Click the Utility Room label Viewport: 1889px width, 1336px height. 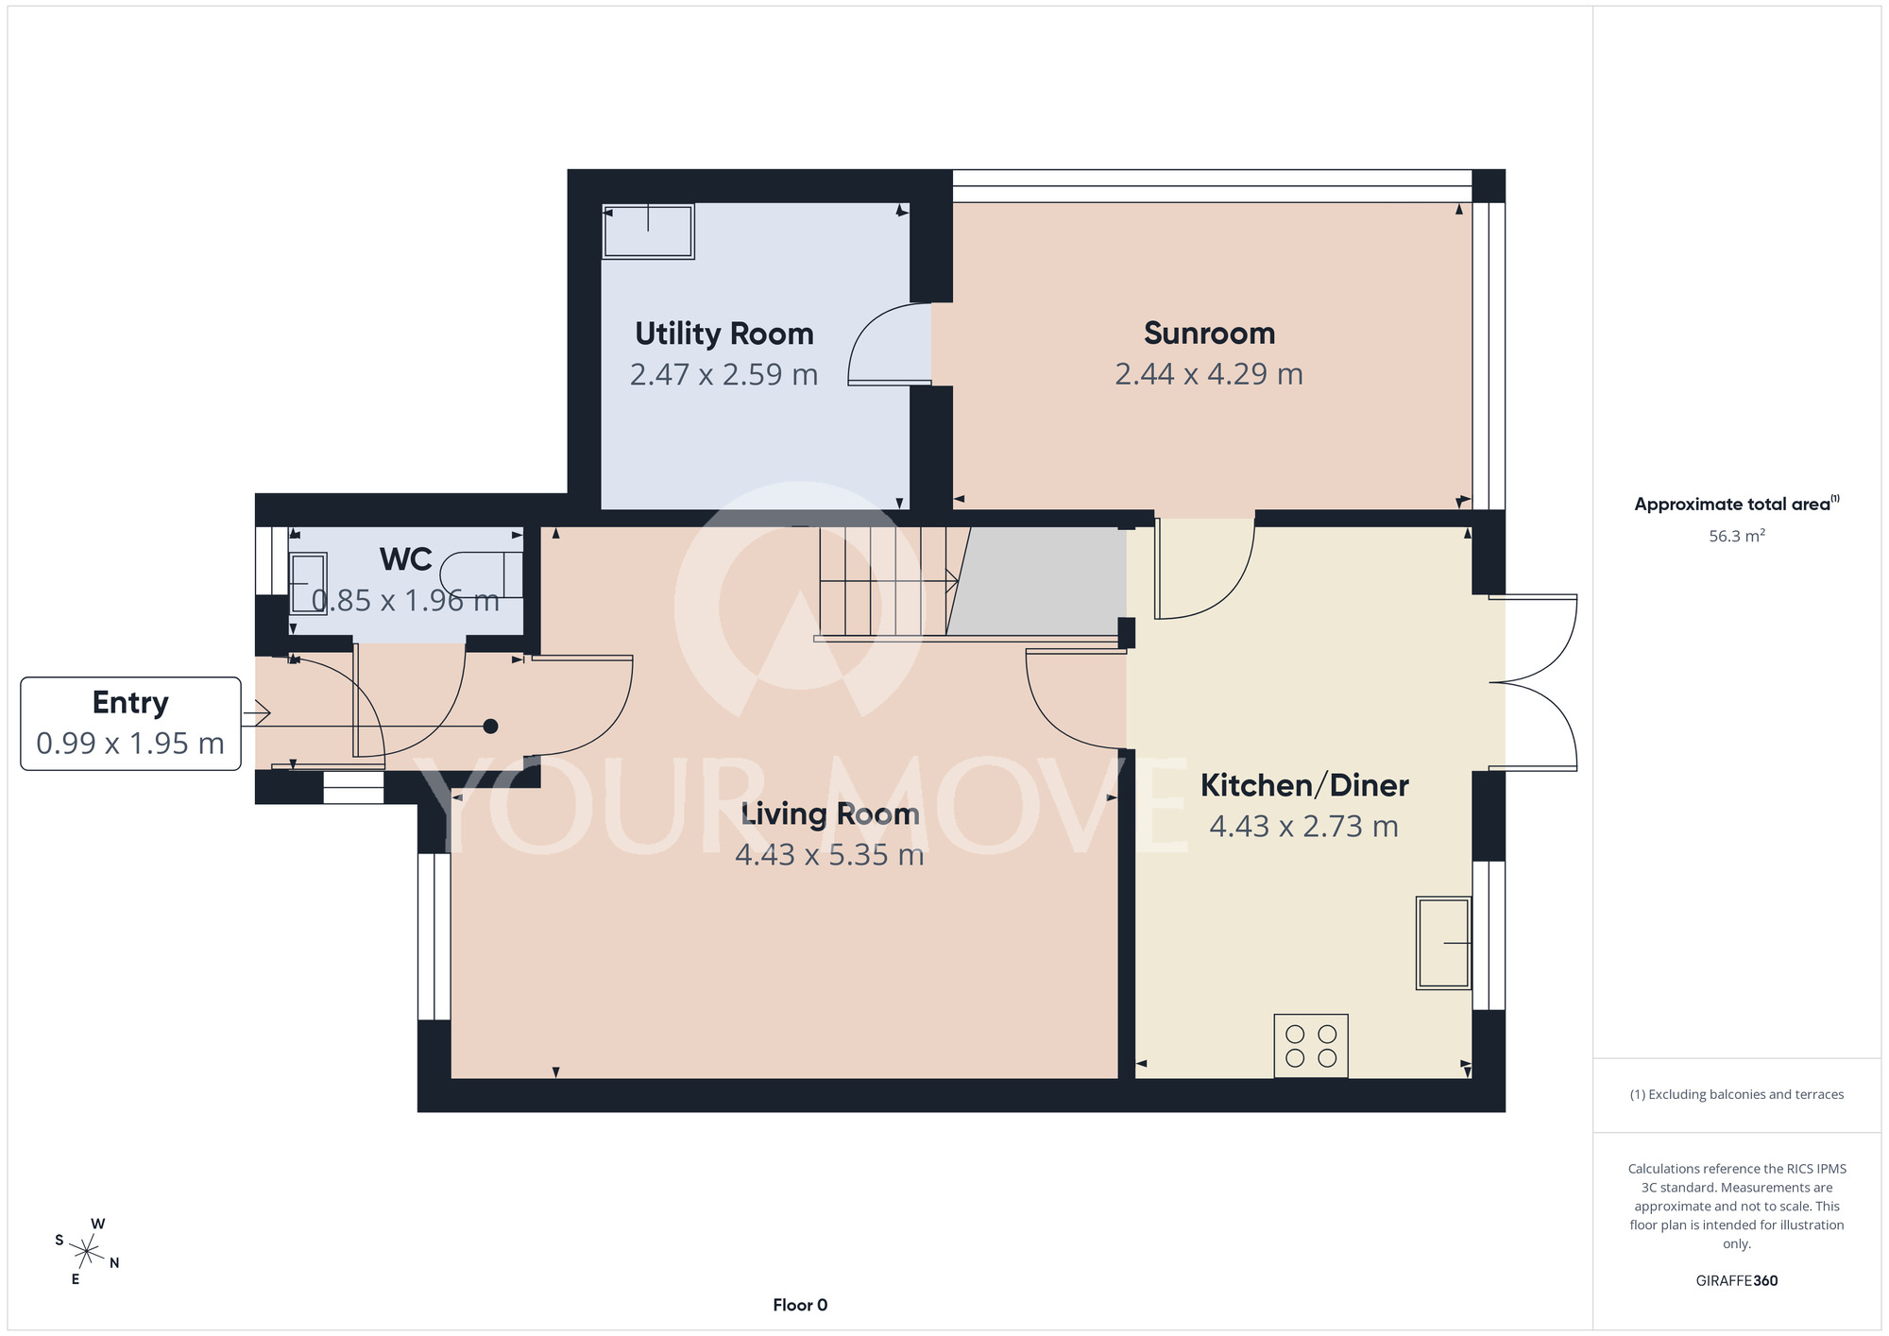point(723,334)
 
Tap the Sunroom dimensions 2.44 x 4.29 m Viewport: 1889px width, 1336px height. point(1209,374)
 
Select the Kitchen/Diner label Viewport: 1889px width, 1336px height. point(1304,785)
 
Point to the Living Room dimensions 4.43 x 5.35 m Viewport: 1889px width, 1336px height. point(829,855)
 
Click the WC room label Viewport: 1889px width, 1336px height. point(406,559)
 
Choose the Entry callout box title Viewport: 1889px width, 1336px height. point(130,703)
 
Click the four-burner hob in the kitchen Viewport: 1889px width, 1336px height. point(1311,1046)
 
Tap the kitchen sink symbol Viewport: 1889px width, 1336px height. point(1443,943)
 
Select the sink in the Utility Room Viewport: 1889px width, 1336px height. point(649,231)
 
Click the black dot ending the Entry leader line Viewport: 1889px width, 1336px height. point(490,727)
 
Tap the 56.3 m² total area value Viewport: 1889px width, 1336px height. point(1737,536)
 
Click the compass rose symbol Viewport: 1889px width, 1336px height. point(86,1252)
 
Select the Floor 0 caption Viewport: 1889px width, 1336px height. point(800,1305)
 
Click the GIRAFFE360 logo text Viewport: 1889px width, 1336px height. point(1737,1281)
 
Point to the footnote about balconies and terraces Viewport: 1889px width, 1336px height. point(1737,1094)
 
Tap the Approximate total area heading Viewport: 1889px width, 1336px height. point(1737,504)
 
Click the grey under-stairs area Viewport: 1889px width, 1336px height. point(1039,581)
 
